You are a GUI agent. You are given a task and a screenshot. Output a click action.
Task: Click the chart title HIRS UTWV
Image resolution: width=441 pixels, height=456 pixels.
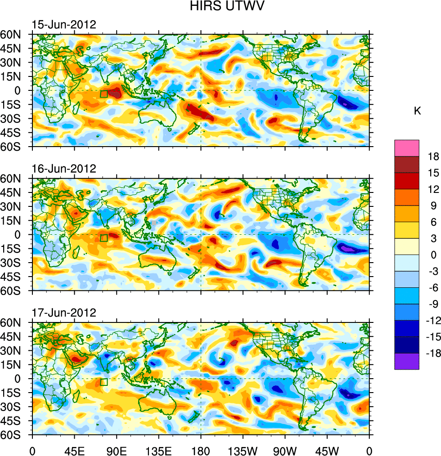point(220,7)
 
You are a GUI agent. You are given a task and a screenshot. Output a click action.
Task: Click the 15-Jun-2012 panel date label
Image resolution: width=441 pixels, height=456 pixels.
point(63,25)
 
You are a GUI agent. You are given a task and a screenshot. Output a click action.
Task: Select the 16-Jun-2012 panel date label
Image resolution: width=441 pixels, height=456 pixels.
point(63,169)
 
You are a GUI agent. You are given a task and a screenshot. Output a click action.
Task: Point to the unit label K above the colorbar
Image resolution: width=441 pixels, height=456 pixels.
point(417,111)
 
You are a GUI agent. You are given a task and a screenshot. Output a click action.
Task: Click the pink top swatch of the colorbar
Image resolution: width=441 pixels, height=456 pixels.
point(407,148)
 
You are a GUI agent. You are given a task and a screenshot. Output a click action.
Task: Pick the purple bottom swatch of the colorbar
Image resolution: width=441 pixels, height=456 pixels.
point(407,362)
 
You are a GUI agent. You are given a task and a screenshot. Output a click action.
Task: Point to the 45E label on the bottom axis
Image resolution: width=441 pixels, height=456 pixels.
point(74,450)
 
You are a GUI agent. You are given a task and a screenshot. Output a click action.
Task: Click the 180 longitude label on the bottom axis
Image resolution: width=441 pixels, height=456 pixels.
point(201,450)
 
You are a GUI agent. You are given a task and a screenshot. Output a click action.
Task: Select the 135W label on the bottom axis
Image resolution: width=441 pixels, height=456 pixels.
point(243,450)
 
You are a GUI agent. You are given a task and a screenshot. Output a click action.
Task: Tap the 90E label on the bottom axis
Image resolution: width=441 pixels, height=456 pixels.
point(117,450)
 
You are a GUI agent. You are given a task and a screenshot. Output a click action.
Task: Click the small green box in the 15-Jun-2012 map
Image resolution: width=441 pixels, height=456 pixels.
point(103,94)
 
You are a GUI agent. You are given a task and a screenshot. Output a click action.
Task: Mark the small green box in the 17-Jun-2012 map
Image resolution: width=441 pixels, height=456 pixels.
point(103,382)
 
